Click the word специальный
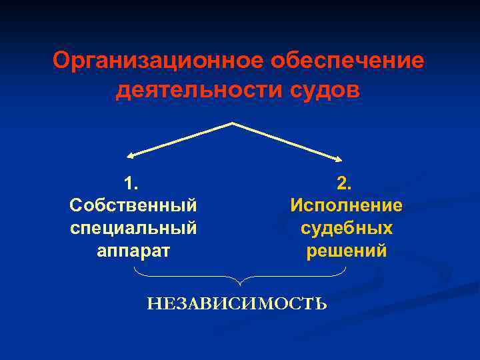point(133,228)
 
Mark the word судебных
point(346,228)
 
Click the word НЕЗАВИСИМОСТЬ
point(237,305)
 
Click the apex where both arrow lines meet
point(232,123)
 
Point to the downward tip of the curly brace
point(240,285)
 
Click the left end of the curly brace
point(135,268)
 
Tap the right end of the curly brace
point(346,268)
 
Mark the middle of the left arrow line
point(180,139)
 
